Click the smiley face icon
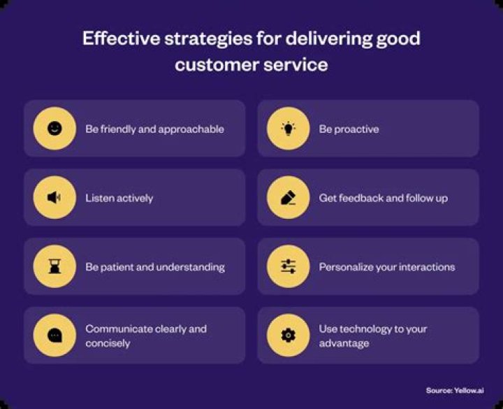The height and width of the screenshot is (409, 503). click(54, 129)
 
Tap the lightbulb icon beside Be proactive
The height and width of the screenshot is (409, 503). click(289, 129)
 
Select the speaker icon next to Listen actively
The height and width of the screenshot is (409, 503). click(54, 198)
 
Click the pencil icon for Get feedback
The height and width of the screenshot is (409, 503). click(289, 198)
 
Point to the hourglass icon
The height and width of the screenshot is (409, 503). click(54, 267)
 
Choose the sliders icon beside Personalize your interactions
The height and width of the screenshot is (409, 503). click(289, 267)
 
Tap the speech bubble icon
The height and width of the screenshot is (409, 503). click(54, 336)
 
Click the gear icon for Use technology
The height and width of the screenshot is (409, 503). click(289, 336)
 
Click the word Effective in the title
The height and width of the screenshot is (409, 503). click(119, 38)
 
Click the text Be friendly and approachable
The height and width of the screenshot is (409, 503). click(154, 129)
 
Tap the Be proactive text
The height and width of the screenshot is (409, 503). click(349, 129)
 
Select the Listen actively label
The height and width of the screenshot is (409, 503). click(119, 199)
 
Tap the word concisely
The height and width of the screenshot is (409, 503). click(108, 343)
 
